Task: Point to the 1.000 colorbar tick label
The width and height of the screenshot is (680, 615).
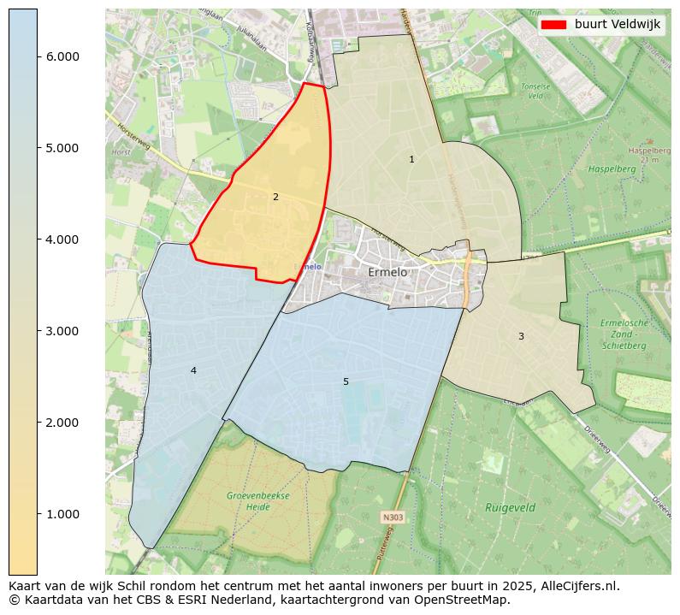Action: [62, 514]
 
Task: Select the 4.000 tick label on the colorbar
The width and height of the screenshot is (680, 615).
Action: [62, 239]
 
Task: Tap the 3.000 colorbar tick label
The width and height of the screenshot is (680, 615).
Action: [62, 331]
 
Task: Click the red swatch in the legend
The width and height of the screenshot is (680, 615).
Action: [553, 25]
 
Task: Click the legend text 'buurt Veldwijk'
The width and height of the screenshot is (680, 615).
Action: [617, 25]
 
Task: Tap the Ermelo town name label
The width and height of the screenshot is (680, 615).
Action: [387, 272]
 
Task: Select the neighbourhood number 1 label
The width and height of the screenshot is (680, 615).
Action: [411, 160]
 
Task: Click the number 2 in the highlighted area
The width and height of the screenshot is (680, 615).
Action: [275, 198]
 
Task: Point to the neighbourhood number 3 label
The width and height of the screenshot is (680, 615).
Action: [521, 337]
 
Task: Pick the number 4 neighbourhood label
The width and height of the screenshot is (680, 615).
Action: [193, 370]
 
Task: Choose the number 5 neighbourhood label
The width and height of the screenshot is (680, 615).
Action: [346, 381]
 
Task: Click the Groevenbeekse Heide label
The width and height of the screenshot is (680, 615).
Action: [258, 501]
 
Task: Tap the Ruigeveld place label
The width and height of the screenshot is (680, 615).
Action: [510, 507]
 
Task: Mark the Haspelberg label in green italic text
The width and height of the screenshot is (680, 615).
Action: [612, 169]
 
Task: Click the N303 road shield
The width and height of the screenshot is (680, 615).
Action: [393, 517]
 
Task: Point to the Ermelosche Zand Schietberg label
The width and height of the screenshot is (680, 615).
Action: [624, 334]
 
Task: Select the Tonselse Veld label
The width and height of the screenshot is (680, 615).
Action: [535, 92]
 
